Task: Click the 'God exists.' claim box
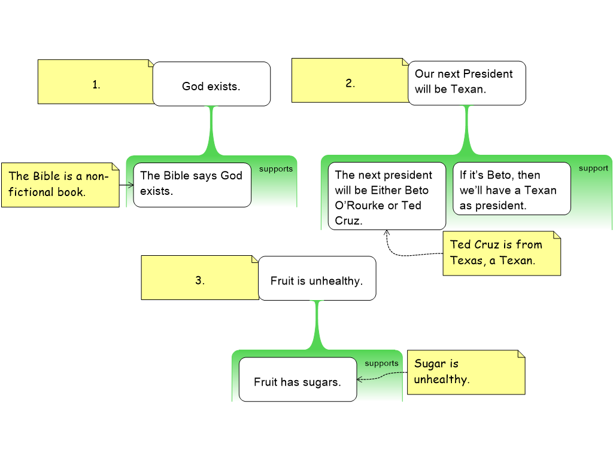(211, 84)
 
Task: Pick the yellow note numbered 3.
(200, 278)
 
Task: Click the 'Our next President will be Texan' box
(466, 82)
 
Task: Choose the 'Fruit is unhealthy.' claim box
(317, 279)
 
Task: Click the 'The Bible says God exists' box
(192, 184)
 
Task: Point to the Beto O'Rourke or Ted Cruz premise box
(387, 196)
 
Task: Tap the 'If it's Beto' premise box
(511, 189)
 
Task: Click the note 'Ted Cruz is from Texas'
(501, 253)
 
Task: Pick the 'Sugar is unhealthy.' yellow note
(465, 372)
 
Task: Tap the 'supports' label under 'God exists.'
(276, 169)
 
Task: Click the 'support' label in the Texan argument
(593, 169)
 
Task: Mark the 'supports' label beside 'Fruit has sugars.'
(381, 363)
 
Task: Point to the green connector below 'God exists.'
(211, 130)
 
